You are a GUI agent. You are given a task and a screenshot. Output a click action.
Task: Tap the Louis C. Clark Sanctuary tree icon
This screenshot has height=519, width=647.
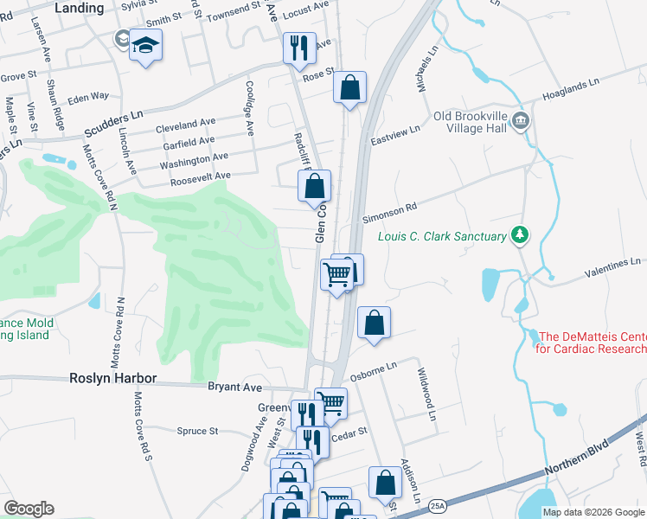pos(520,235)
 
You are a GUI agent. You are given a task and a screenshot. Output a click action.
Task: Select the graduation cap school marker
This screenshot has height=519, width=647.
pos(146,46)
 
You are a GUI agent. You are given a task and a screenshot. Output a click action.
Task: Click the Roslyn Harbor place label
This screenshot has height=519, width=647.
pos(113,378)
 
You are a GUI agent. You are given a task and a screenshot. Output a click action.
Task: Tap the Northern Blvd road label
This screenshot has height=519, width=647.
pos(578,459)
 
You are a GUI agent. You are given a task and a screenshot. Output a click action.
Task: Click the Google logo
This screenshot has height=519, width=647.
pos(29,508)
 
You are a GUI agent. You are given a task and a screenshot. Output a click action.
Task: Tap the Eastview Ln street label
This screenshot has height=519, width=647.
pos(394,131)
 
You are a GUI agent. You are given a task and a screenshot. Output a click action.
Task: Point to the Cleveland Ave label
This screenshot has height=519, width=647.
pos(185,125)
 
